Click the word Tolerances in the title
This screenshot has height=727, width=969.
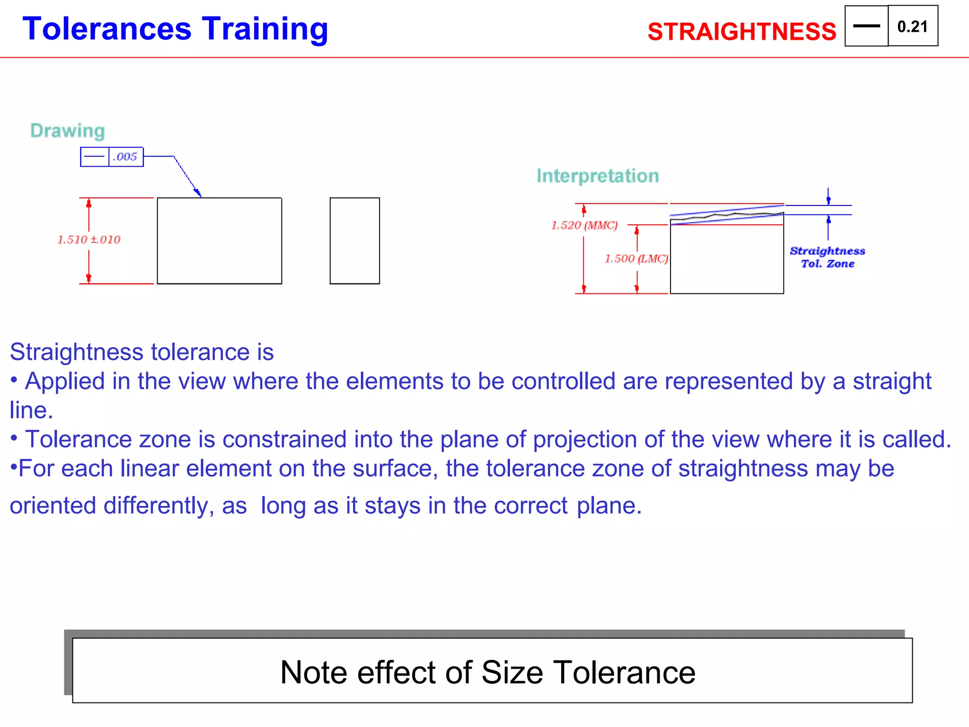tap(107, 29)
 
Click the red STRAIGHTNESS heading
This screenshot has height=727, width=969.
tap(741, 32)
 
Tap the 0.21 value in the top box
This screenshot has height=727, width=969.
tap(912, 27)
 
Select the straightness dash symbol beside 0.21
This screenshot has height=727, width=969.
tap(866, 26)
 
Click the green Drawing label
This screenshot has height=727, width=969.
tap(67, 131)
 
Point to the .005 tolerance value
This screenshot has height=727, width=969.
tap(125, 157)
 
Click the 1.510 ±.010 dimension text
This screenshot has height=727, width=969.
tap(89, 239)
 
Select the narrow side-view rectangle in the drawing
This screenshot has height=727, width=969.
tap(354, 240)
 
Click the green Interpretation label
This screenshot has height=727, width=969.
tap(598, 176)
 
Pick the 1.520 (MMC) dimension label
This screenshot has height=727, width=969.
tap(584, 225)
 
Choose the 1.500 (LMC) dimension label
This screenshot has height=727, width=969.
tap(636, 258)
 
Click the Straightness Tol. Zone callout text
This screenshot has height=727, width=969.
tap(828, 257)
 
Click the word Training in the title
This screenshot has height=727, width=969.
tap(265, 29)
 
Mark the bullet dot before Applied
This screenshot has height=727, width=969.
tap(14, 380)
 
